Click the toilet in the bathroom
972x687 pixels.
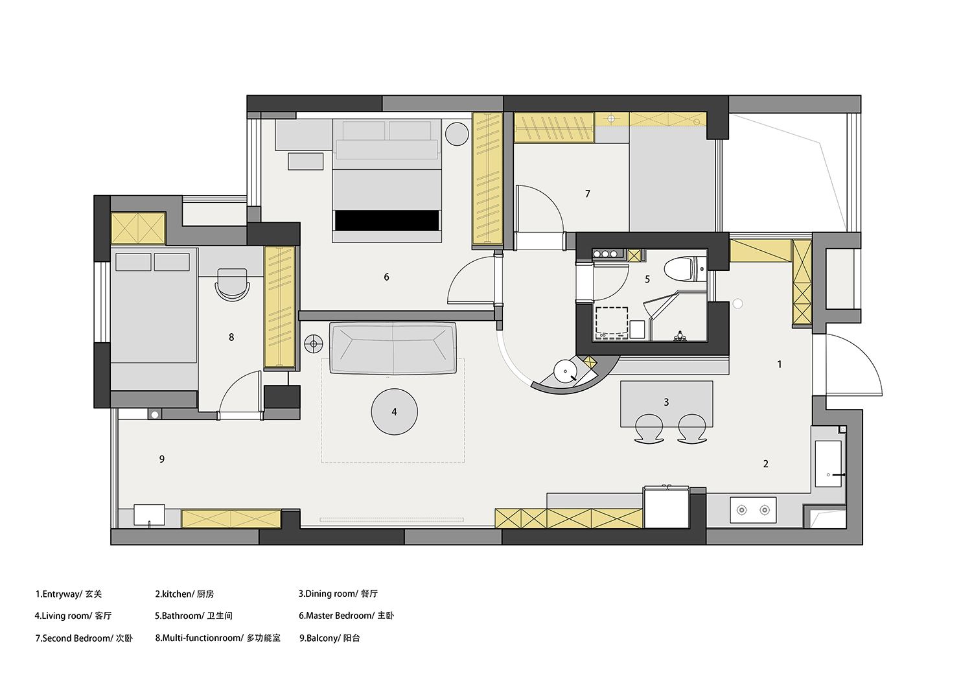coord(685,269)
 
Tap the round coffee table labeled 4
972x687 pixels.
coord(395,412)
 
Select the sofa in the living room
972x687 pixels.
coord(393,347)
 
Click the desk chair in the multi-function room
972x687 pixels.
coord(233,285)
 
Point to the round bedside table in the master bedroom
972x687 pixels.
coord(457,134)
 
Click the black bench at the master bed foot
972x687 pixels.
coord(387,220)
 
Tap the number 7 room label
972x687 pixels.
coord(588,194)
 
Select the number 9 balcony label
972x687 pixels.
coord(162,459)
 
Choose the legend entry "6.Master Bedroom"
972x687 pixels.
coord(336,616)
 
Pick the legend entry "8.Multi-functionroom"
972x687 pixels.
coord(200,638)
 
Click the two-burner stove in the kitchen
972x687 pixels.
coord(753,510)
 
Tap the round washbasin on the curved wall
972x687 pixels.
coord(565,371)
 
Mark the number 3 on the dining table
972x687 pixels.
coord(667,402)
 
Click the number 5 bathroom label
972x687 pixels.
coord(647,279)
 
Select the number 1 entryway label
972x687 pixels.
coord(780,364)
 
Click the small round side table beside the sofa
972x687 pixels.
coord(314,344)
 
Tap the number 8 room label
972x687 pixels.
coord(231,337)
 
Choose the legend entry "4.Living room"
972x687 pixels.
coord(64,616)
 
